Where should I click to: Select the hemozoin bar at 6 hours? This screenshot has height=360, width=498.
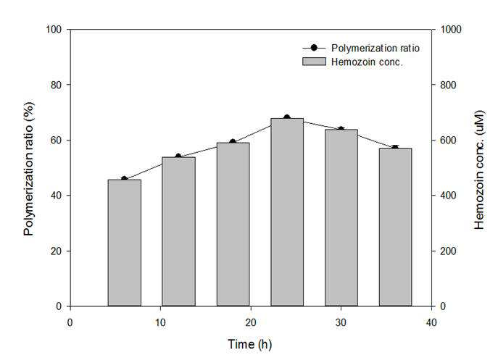coord(125,243)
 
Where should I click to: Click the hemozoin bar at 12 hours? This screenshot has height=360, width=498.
coord(178,232)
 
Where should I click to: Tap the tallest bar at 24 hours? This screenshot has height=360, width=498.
coord(287,212)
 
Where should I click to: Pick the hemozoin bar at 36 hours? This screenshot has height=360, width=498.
coord(395,227)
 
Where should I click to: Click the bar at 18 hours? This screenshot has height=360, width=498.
coord(233,225)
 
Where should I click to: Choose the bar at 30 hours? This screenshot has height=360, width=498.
coord(341,218)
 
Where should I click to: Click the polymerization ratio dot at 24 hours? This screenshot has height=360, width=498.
coord(287,117)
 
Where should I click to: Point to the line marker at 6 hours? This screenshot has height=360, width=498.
coord(124,179)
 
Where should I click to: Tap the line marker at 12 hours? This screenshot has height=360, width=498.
coord(178,156)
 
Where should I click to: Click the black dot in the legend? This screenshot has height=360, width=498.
coord(314,48)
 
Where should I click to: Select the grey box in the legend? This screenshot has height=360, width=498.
coord(314,62)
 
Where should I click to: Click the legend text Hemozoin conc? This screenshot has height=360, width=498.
coord(367,62)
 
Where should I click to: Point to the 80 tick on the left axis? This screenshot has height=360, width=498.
coord(68,85)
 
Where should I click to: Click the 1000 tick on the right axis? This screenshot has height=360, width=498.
coord(433,30)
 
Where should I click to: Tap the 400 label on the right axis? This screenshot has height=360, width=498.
coord(448,196)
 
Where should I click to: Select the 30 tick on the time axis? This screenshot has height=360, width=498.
coord(341,309)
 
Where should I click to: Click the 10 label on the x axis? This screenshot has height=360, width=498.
coord(160,323)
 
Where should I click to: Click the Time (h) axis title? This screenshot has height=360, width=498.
coord(250,344)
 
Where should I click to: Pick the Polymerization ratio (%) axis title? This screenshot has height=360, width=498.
coord(28,169)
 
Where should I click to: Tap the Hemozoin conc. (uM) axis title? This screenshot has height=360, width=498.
coord(479,169)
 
